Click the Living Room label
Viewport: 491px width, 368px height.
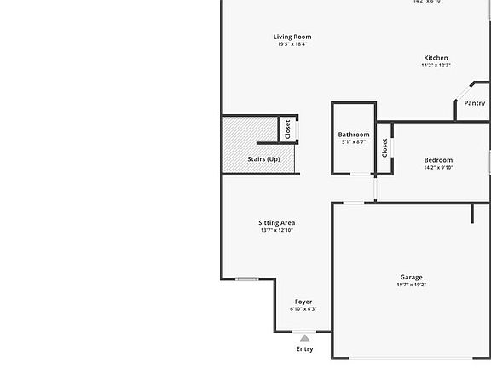pos(292,37)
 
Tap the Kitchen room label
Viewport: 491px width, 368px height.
pos(436,58)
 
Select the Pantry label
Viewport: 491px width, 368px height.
pos(474,103)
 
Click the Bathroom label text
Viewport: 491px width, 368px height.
pos(354,135)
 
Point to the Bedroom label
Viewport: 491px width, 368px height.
pos(438,160)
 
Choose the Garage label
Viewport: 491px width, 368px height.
pos(411,277)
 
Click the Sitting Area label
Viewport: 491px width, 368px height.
pos(276,223)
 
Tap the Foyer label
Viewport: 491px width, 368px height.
pos(303,302)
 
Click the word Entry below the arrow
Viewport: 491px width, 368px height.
pos(304,348)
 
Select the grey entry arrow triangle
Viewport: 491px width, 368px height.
pos(304,338)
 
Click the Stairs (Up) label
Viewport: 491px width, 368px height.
pos(263,159)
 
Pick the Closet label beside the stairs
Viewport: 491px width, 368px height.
pos(287,129)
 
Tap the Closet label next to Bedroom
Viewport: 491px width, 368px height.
pos(384,147)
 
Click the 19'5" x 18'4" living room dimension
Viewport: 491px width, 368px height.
pos(292,44)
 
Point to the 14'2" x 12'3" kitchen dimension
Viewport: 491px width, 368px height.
pos(436,66)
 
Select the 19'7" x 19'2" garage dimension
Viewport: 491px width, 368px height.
pos(411,285)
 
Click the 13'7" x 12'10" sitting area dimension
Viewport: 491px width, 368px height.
pos(276,230)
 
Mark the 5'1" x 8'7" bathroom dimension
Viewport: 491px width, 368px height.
pos(354,142)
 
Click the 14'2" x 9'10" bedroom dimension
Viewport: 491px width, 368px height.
pos(438,168)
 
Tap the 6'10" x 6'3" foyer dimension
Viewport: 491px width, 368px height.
pos(303,309)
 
